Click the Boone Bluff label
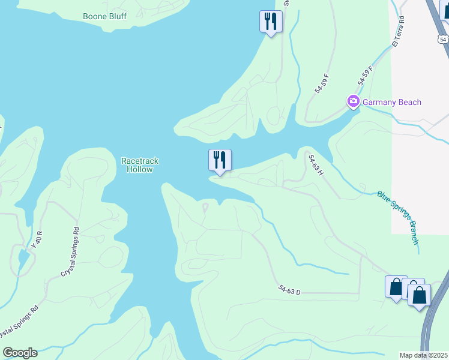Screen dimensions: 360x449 point(104,16)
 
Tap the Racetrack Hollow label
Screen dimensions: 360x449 point(137,165)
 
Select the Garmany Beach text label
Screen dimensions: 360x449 point(391,102)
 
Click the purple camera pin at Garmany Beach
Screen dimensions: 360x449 point(353,102)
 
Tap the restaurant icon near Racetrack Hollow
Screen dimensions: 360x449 point(220,160)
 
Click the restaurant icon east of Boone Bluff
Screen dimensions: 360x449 point(271,22)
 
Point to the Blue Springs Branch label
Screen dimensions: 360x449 point(397,217)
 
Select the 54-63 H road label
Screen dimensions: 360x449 point(316,165)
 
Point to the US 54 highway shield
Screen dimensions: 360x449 point(442,39)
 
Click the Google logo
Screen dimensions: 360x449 point(20,353)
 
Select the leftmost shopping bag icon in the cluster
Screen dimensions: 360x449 point(396,287)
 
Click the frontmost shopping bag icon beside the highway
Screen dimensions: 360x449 point(419,295)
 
